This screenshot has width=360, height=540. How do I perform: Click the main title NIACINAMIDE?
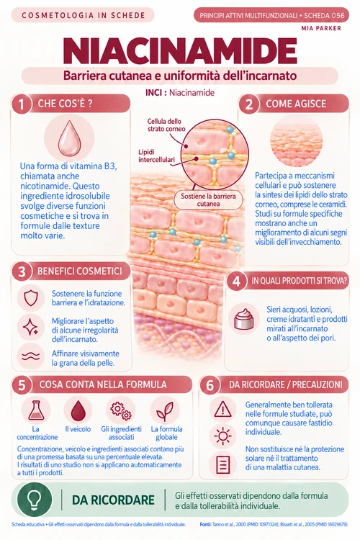180,51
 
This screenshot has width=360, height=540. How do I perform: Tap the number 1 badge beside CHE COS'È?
22,104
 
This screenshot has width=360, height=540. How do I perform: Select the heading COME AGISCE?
296,104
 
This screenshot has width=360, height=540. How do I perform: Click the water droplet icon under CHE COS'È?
69,138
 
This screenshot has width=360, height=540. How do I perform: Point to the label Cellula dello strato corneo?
166,125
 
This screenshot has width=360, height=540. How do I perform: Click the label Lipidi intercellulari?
156,156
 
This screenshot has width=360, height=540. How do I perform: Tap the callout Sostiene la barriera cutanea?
208,199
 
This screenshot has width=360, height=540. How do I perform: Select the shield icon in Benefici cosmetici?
31,298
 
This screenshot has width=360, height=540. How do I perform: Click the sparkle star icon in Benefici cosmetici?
30,326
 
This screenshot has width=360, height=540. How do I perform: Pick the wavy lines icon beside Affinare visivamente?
31,356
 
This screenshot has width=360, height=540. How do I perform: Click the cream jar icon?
243,319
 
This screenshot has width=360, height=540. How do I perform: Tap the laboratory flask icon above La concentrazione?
36,410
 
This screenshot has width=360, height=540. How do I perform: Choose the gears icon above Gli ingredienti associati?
121,410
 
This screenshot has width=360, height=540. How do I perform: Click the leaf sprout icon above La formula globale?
165,411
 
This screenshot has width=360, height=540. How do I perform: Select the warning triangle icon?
222,409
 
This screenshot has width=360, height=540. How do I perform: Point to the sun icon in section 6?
222,436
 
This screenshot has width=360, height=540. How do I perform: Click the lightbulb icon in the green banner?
35,500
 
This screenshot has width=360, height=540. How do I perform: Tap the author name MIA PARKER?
321,28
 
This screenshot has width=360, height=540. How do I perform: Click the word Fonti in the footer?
205,524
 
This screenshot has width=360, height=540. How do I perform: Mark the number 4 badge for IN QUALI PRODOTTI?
236,281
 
